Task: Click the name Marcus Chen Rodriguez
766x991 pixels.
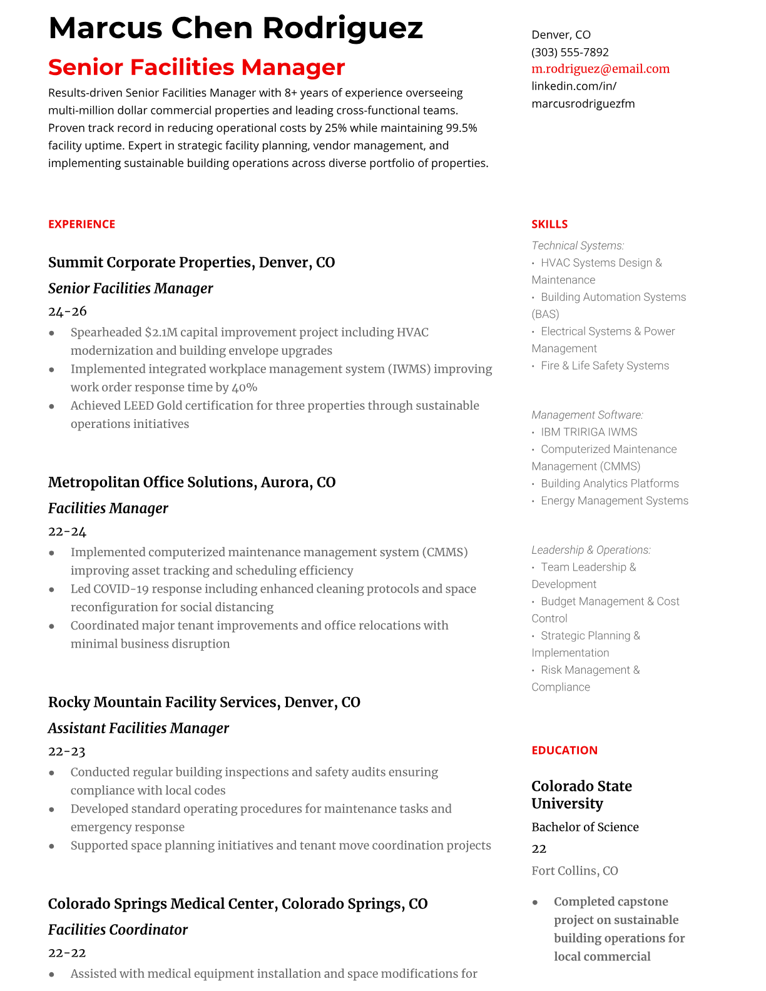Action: pyautogui.click(x=235, y=28)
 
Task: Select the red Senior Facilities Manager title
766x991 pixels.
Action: pyautogui.click(x=197, y=67)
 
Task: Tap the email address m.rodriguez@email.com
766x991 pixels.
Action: pyautogui.click(x=600, y=69)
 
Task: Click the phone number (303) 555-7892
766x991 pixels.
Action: pyautogui.click(x=569, y=52)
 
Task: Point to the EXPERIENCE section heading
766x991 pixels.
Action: pyautogui.click(x=81, y=224)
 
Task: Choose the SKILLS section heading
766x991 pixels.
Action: pyautogui.click(x=549, y=224)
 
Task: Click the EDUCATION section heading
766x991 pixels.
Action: pyautogui.click(x=564, y=750)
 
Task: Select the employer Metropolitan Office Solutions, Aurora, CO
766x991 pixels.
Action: pyautogui.click(x=191, y=482)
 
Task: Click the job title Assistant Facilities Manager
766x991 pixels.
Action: pyautogui.click(x=138, y=728)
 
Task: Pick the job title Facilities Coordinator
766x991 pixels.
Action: pyautogui.click(x=118, y=930)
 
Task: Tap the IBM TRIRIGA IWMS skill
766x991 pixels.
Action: pyautogui.click(x=588, y=432)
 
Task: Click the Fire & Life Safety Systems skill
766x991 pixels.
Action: pyautogui.click(x=605, y=365)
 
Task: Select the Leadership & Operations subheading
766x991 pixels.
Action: pyautogui.click(x=591, y=550)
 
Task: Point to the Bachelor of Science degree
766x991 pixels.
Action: pyautogui.click(x=585, y=827)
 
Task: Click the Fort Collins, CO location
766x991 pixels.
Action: pyautogui.click(x=574, y=871)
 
